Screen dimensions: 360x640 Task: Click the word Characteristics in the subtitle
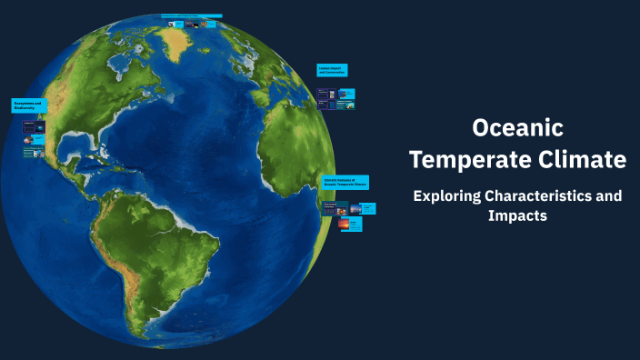click(540, 196)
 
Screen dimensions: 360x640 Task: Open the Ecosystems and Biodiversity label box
click(29, 105)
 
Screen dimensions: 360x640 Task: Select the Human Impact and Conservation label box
click(332, 70)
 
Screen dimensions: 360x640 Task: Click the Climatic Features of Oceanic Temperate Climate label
click(345, 182)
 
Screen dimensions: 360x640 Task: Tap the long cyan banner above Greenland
click(191, 15)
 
